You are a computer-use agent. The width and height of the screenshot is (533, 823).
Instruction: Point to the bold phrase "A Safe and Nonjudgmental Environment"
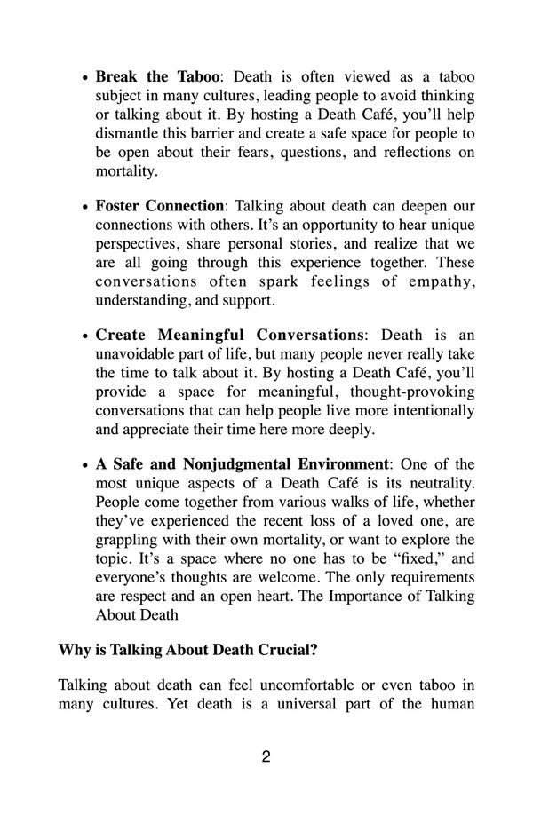(x=243, y=464)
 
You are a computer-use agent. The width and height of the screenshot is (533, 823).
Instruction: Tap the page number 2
(x=266, y=757)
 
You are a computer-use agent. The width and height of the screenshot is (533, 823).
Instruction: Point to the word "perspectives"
(x=137, y=244)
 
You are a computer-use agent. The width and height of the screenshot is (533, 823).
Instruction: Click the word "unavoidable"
(x=137, y=354)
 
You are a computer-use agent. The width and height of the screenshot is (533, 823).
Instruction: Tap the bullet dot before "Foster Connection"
(x=85, y=207)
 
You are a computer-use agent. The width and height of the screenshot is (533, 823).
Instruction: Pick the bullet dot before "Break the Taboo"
(x=85, y=78)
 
